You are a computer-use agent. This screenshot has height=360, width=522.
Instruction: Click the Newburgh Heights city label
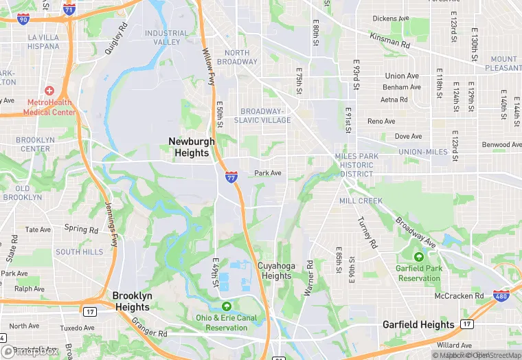click(x=189, y=146)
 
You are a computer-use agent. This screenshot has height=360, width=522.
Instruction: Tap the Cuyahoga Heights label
click(x=275, y=271)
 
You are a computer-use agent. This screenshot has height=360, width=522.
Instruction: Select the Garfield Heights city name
click(x=418, y=324)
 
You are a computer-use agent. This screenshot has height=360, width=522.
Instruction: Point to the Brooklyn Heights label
click(x=131, y=302)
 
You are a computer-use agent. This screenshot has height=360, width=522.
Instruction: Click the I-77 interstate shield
click(x=231, y=177)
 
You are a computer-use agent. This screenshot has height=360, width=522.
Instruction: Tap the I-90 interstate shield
click(x=23, y=19)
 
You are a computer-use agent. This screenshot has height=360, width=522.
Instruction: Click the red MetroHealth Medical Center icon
click(x=49, y=91)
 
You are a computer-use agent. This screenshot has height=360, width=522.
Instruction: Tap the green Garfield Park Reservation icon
click(x=418, y=256)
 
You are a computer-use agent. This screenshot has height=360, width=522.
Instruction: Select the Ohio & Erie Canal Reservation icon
click(x=226, y=306)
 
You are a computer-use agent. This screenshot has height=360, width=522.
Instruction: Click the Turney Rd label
click(x=367, y=233)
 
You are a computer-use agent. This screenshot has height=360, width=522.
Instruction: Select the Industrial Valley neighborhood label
click(x=166, y=37)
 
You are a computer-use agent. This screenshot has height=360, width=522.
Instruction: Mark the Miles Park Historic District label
click(x=356, y=165)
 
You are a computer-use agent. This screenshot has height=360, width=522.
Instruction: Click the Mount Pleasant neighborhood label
click(x=504, y=63)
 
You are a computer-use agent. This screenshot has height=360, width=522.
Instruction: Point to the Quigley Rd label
click(x=117, y=39)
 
